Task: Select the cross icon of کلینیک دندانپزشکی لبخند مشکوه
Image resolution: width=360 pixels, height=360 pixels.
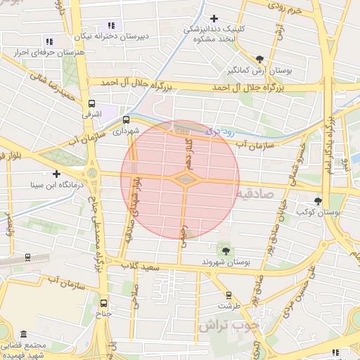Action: click(x=214, y=18)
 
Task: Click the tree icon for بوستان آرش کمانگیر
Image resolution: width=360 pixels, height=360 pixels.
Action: click(x=260, y=59)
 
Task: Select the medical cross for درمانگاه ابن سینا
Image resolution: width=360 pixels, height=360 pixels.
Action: click(x=56, y=174)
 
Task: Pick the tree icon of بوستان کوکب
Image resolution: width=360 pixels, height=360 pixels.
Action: click(x=319, y=200)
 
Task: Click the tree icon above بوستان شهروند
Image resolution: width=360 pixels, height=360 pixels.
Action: click(x=226, y=250)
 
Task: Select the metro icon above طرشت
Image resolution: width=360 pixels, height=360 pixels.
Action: click(x=228, y=295)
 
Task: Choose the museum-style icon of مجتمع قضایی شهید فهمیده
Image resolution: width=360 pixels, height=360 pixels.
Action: click(x=23, y=335)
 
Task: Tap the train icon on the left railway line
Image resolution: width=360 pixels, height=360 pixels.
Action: click(x=27, y=257)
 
